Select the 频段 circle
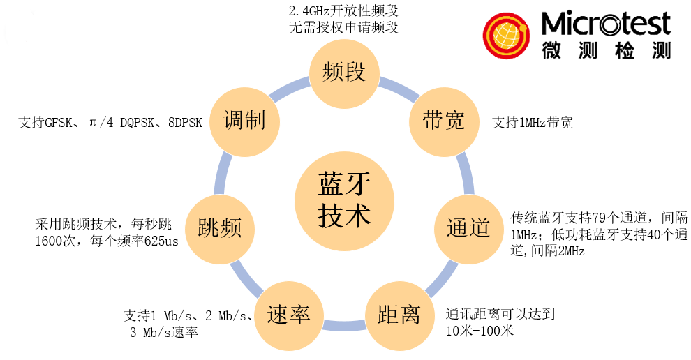click(x=344, y=71)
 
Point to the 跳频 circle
click(x=220, y=228)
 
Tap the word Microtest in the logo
click(x=605, y=24)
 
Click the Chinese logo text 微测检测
click(x=605, y=50)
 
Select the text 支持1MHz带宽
click(x=533, y=123)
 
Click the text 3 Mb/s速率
click(x=164, y=332)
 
